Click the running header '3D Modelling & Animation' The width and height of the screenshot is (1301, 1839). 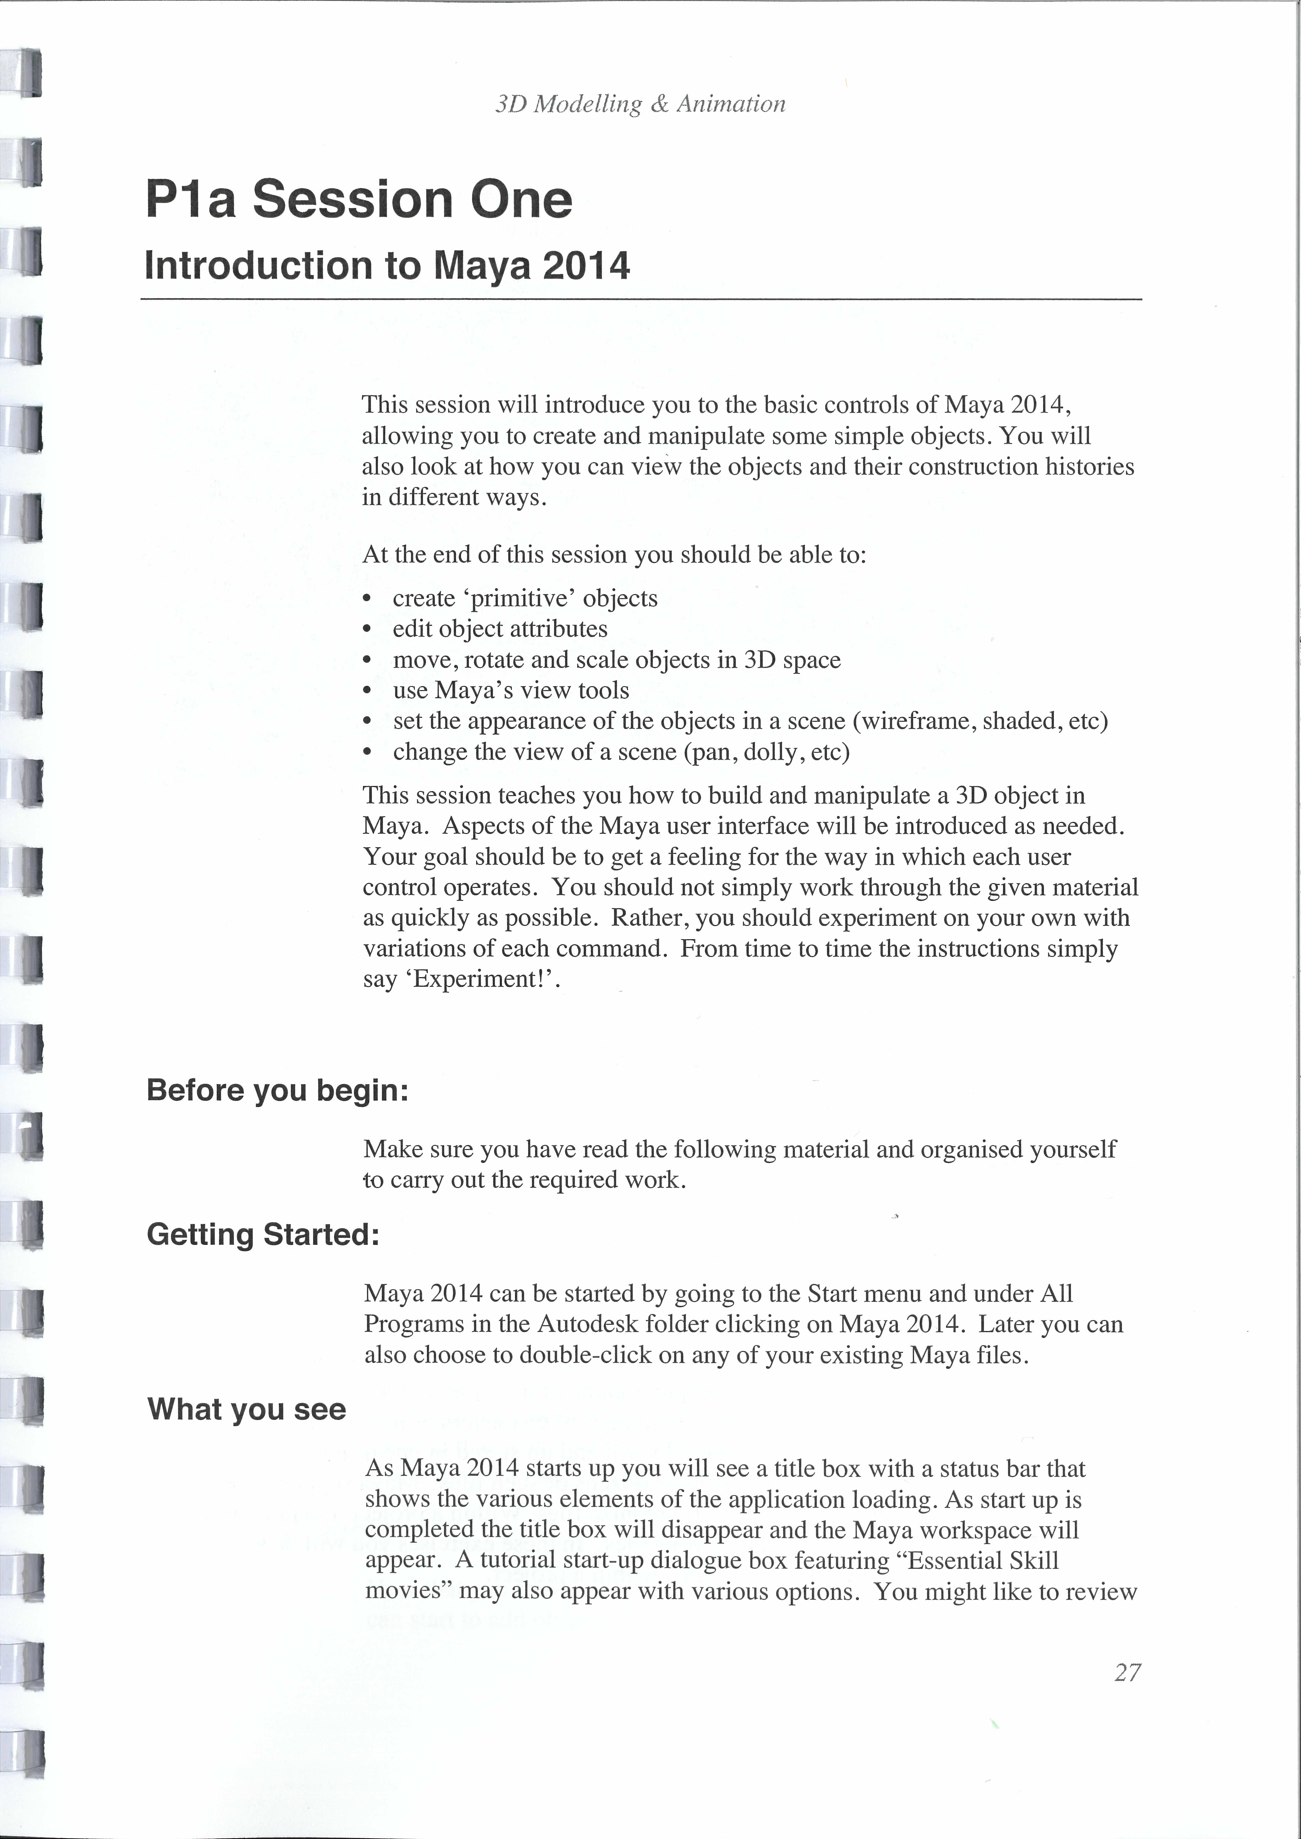pos(640,104)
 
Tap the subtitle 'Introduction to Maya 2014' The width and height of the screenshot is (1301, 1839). pos(387,266)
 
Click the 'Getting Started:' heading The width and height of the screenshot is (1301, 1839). pos(263,1234)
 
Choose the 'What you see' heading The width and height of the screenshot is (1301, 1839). pos(247,1409)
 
